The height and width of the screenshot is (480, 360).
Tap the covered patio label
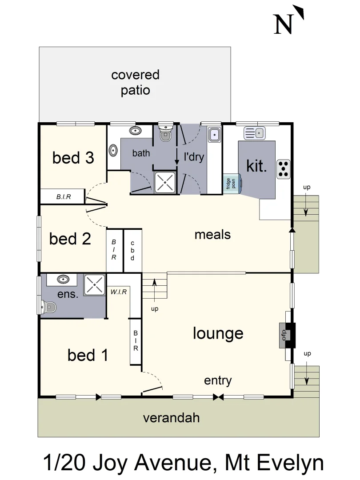coord(135,83)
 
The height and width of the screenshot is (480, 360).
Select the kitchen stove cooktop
coord(284,169)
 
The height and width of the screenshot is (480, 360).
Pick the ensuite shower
coord(95,284)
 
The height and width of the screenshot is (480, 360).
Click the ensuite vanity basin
coord(63,280)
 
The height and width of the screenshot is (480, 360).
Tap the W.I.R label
coord(119,292)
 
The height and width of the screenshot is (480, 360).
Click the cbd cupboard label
coord(132,251)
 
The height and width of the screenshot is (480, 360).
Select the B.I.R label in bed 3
coord(64,196)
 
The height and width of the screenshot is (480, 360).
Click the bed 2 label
coord(70,239)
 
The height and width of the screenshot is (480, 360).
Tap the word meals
coord(212,235)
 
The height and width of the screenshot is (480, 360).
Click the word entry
coord(218,380)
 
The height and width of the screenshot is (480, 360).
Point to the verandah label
coord(171,418)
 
